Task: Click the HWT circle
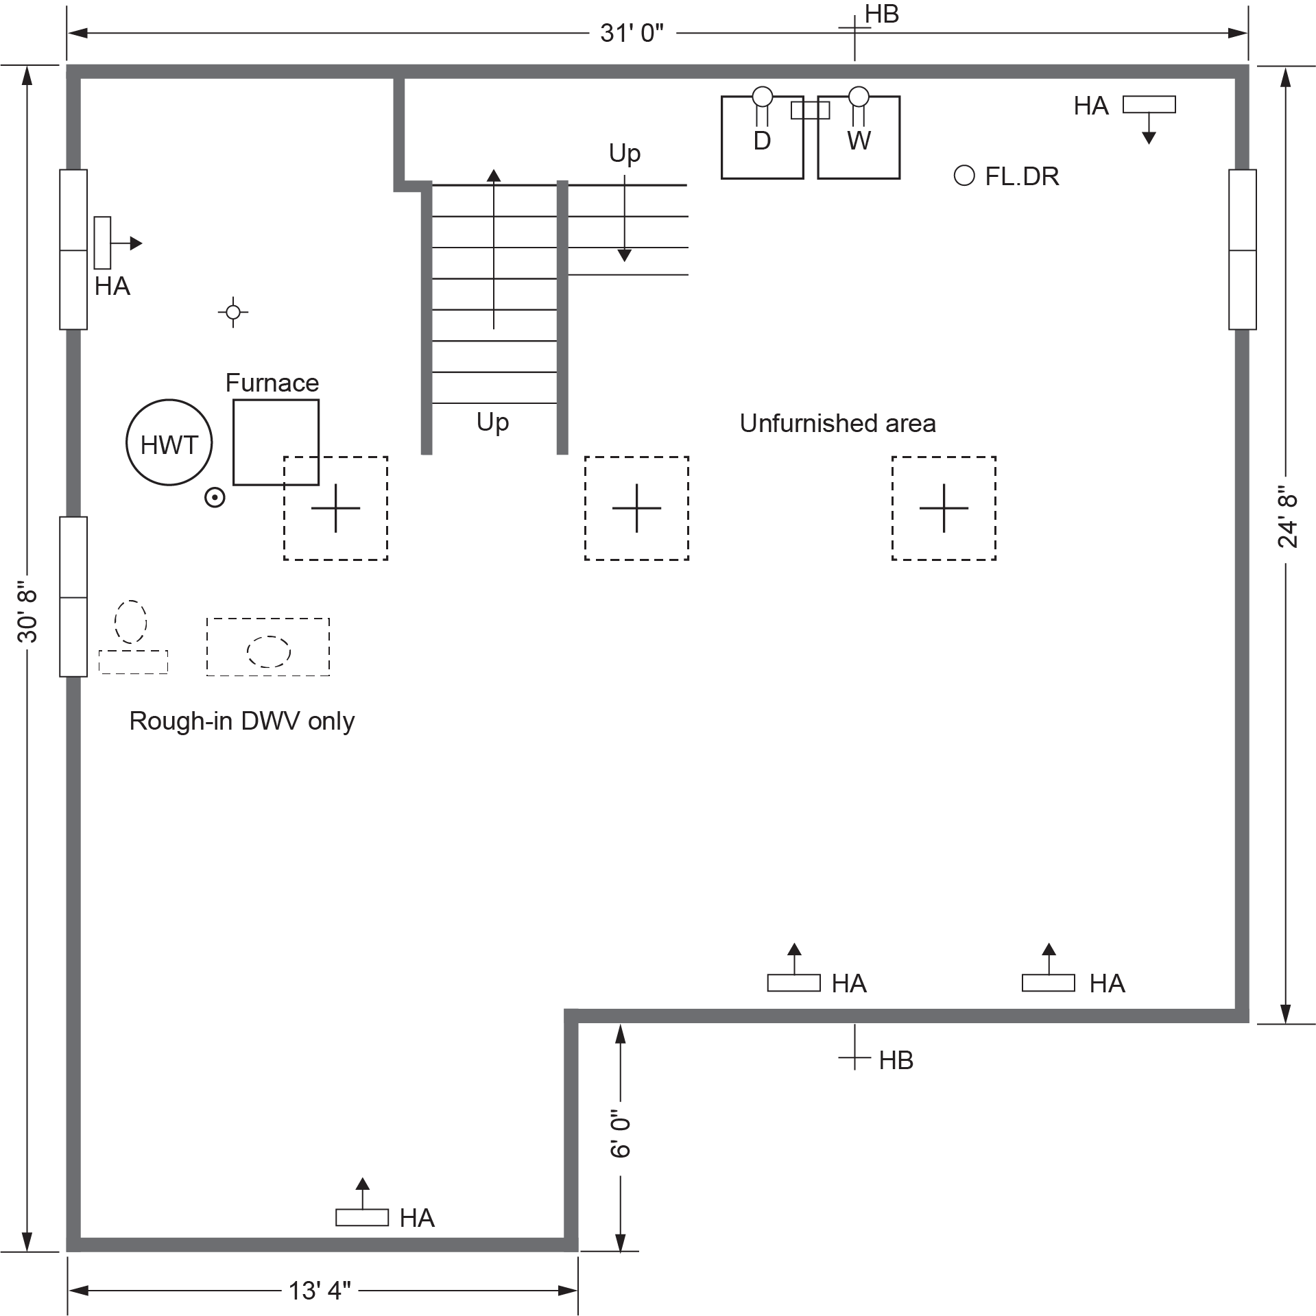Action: [169, 442]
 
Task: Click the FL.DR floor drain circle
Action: [964, 176]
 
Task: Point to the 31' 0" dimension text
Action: [632, 33]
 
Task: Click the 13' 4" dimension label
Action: [320, 1291]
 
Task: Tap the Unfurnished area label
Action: [837, 423]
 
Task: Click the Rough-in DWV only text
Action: [241, 721]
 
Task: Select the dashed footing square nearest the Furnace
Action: [335, 508]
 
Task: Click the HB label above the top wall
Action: [881, 14]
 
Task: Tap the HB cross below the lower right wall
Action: [854, 1058]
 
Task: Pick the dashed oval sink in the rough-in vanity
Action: [268, 651]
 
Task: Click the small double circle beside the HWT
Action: [215, 497]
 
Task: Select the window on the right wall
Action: [1242, 250]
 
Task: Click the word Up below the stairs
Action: [492, 422]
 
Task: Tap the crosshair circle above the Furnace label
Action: [233, 312]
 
